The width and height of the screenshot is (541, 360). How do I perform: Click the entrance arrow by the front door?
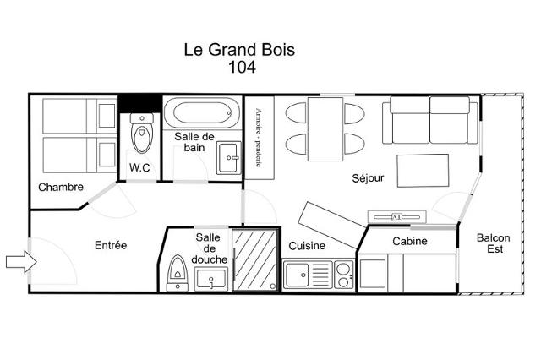click(x=21, y=262)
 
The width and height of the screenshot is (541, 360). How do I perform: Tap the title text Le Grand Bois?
click(x=239, y=50)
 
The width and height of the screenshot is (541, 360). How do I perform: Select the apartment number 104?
click(x=243, y=68)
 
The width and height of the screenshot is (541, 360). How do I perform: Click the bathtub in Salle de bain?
click(x=202, y=113)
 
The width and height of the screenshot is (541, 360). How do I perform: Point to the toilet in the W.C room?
click(x=142, y=134)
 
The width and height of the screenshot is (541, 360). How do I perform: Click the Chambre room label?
click(x=61, y=188)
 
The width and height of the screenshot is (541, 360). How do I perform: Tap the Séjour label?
click(x=368, y=178)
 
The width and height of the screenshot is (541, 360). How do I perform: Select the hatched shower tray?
click(x=255, y=260)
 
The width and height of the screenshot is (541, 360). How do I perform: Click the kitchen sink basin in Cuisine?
click(x=297, y=275)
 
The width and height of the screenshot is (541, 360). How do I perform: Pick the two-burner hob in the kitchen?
click(x=344, y=275)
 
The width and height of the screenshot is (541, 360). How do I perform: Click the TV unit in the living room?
click(x=396, y=217)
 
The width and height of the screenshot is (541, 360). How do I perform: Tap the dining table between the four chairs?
click(x=325, y=129)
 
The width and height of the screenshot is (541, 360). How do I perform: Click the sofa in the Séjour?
click(x=430, y=120)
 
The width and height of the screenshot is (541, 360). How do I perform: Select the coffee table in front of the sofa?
click(x=423, y=171)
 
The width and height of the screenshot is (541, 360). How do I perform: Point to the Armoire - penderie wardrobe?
click(x=260, y=138)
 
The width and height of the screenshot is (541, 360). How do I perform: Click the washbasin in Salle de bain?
click(x=229, y=158)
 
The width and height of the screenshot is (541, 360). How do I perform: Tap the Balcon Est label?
click(x=494, y=243)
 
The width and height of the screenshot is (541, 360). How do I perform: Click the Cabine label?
click(x=410, y=241)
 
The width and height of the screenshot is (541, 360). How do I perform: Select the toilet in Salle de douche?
click(x=178, y=273)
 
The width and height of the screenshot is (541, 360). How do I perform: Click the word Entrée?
click(x=111, y=245)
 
